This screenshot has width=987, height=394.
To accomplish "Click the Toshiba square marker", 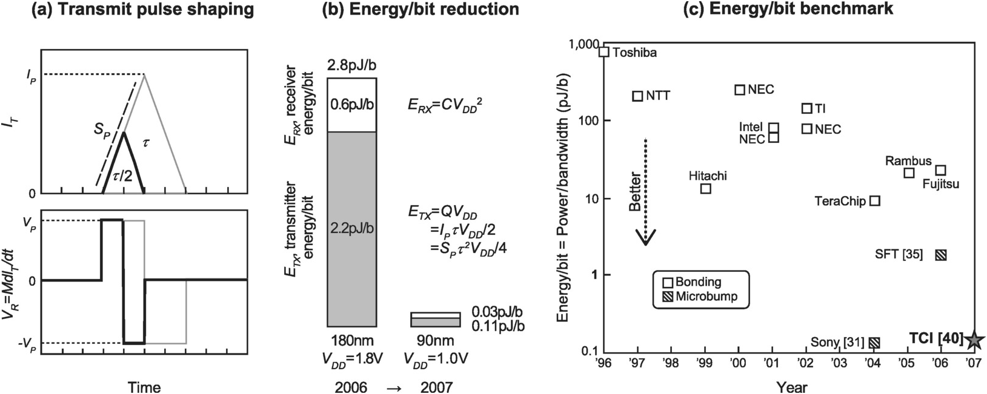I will pos(604,51).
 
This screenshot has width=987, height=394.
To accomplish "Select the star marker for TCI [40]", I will pos(974,340).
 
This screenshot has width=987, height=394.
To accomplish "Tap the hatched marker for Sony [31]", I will pos(874,343).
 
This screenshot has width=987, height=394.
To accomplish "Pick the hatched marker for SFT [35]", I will pos(941,255).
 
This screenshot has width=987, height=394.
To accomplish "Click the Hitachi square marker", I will pos(706,189).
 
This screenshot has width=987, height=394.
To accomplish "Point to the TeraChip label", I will pos(840,201).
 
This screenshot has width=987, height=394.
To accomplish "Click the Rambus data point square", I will pos(909,173).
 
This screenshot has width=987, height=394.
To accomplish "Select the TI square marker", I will pos(807,108).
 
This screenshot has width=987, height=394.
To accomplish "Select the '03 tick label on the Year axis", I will pos(839,362).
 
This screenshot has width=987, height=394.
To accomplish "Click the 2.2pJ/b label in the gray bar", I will pos(352,228).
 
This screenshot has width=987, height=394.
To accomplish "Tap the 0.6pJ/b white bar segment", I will pos(352,105).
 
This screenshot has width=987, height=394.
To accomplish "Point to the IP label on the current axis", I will pos(30,74).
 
